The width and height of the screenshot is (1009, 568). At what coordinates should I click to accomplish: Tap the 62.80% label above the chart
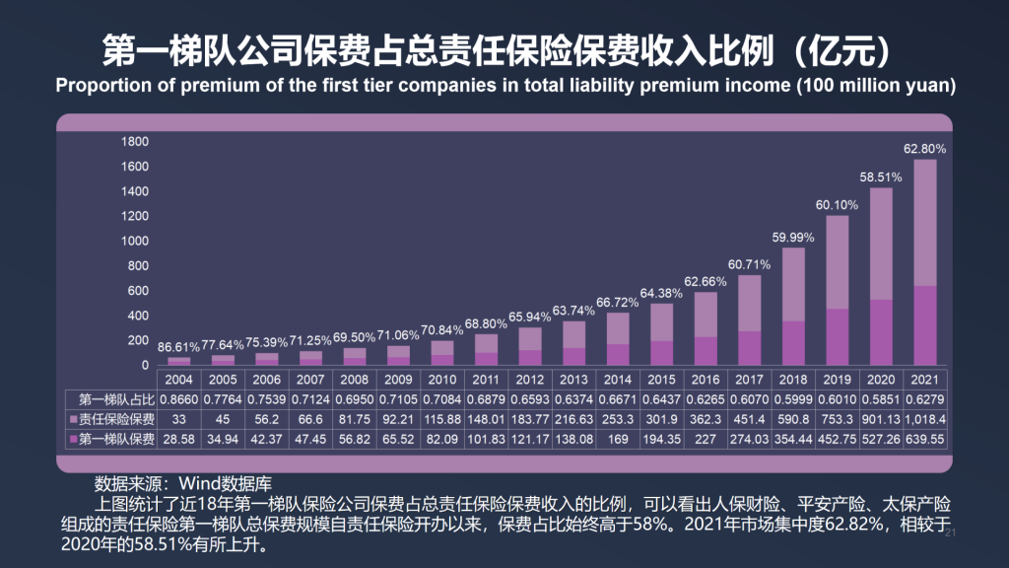(x=924, y=149)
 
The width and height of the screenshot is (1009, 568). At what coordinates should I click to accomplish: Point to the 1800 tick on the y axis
(x=135, y=142)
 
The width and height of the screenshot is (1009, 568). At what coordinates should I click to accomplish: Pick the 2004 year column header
(x=178, y=380)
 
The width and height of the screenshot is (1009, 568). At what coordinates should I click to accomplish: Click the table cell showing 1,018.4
(x=924, y=419)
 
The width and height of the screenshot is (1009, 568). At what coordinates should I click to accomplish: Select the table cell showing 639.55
(x=924, y=439)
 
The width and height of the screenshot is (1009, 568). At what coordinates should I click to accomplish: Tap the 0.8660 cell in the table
(x=178, y=399)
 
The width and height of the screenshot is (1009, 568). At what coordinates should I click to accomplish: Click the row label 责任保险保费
(x=111, y=419)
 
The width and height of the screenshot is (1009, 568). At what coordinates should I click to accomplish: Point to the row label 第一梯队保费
(x=111, y=439)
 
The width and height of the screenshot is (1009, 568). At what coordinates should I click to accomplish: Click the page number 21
(x=951, y=532)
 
